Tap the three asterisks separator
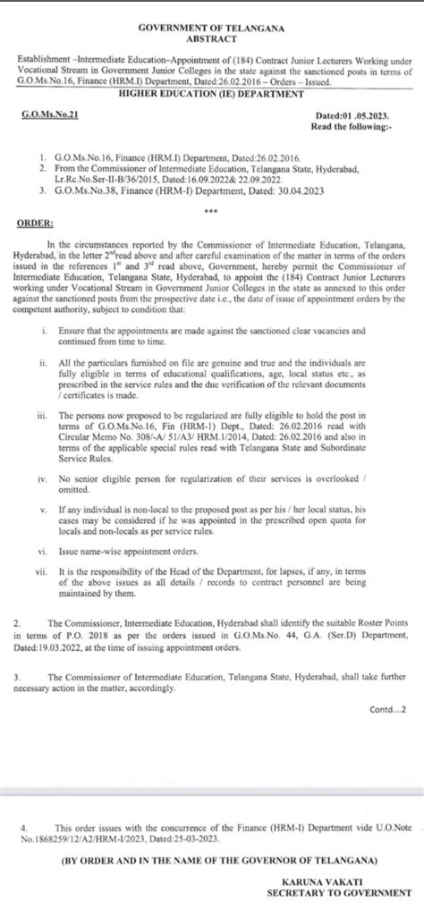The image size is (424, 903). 211,212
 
